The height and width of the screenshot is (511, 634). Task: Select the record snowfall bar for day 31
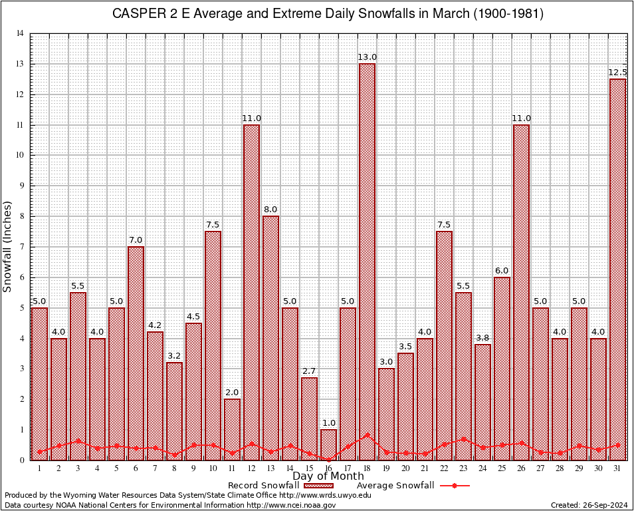tap(617, 266)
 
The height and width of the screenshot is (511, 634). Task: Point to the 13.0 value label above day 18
tap(367, 57)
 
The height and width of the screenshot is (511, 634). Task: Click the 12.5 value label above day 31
tap(617, 73)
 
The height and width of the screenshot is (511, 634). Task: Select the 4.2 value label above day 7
tap(155, 325)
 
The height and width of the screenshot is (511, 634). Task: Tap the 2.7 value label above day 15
tap(309, 371)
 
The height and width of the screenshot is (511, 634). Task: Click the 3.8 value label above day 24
tap(482, 337)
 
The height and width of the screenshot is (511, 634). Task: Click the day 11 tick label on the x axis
tap(232, 468)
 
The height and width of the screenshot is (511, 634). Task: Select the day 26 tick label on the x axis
tap(521, 468)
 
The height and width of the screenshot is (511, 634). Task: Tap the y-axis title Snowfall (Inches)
tap(8, 246)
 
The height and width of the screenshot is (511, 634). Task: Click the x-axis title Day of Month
tap(328, 476)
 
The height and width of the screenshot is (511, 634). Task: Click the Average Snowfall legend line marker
tap(454, 486)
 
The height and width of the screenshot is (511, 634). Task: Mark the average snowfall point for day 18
tap(367, 435)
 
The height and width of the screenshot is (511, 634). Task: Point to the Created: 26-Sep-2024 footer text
tap(589, 505)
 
